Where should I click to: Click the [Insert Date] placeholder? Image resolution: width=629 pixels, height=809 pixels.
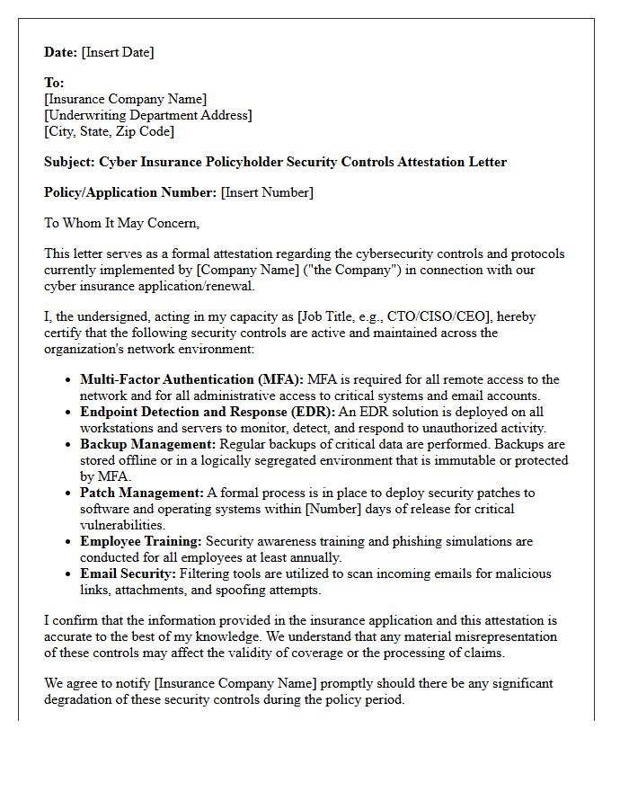(118, 52)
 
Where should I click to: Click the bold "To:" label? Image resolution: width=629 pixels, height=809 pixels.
(54, 83)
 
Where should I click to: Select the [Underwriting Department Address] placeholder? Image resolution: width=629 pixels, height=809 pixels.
(148, 115)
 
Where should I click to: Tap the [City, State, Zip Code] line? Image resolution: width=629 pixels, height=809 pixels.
(109, 131)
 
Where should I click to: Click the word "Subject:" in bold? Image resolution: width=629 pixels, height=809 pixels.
(69, 162)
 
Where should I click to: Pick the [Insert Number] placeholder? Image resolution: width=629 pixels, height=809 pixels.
(267, 192)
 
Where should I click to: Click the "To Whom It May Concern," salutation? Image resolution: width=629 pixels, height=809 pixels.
(121, 223)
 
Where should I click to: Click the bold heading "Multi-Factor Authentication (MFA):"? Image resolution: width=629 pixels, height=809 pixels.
(191, 379)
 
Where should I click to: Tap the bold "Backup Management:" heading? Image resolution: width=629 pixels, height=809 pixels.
(146, 444)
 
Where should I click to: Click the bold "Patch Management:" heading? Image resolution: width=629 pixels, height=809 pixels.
(142, 493)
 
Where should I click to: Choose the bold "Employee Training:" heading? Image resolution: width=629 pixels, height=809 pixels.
(140, 541)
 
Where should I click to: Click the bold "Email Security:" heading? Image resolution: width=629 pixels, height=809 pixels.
(128, 573)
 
